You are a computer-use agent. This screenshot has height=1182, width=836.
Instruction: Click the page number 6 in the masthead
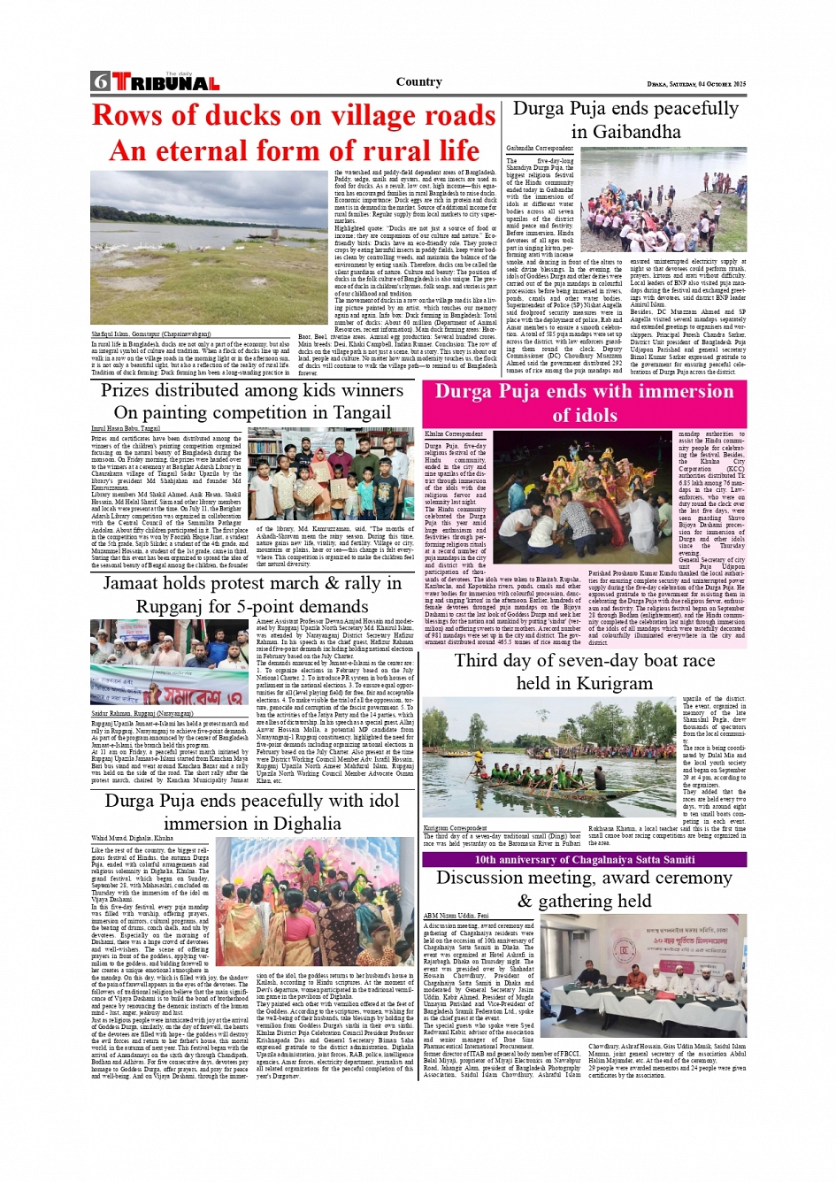pyautogui.click(x=100, y=82)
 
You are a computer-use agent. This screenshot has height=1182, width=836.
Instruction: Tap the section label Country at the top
pyautogui.click(x=418, y=82)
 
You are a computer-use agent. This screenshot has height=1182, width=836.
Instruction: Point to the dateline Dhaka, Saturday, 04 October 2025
pyautogui.click(x=696, y=84)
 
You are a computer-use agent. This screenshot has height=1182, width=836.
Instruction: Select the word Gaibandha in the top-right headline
pyautogui.click(x=625, y=132)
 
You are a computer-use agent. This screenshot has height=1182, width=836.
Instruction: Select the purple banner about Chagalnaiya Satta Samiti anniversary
pyautogui.click(x=584, y=859)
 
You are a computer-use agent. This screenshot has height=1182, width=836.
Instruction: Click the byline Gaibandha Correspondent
pyautogui.click(x=540, y=149)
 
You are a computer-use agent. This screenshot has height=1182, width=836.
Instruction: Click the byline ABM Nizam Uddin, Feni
pyautogui.click(x=456, y=916)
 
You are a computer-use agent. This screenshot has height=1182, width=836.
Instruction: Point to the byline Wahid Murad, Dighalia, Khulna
pyautogui.click(x=132, y=838)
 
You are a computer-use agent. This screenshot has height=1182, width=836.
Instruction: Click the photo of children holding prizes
pyautogui.click(x=330, y=475)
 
